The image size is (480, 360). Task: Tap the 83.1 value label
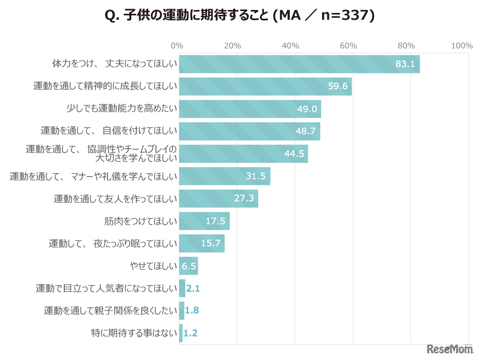[x=405, y=64]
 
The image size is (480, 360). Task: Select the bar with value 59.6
[x=265, y=86]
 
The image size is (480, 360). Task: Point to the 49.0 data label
[x=307, y=109]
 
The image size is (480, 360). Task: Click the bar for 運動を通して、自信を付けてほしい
[x=249, y=131]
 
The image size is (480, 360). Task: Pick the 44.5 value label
[x=294, y=154]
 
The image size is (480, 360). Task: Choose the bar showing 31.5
[x=224, y=176]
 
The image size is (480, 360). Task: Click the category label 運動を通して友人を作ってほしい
[x=115, y=199]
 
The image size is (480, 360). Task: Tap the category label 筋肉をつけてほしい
[x=141, y=221]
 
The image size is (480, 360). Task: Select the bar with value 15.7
[x=202, y=243]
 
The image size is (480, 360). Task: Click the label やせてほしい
[x=153, y=266]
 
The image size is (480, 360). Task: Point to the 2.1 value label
[x=192, y=288]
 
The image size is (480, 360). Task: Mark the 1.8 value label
[x=192, y=311]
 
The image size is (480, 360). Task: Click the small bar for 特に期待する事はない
[x=181, y=333]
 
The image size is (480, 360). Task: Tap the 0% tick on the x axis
[x=177, y=46]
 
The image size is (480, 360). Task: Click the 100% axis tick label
[x=462, y=46]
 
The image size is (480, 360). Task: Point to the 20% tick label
[x=232, y=46]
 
